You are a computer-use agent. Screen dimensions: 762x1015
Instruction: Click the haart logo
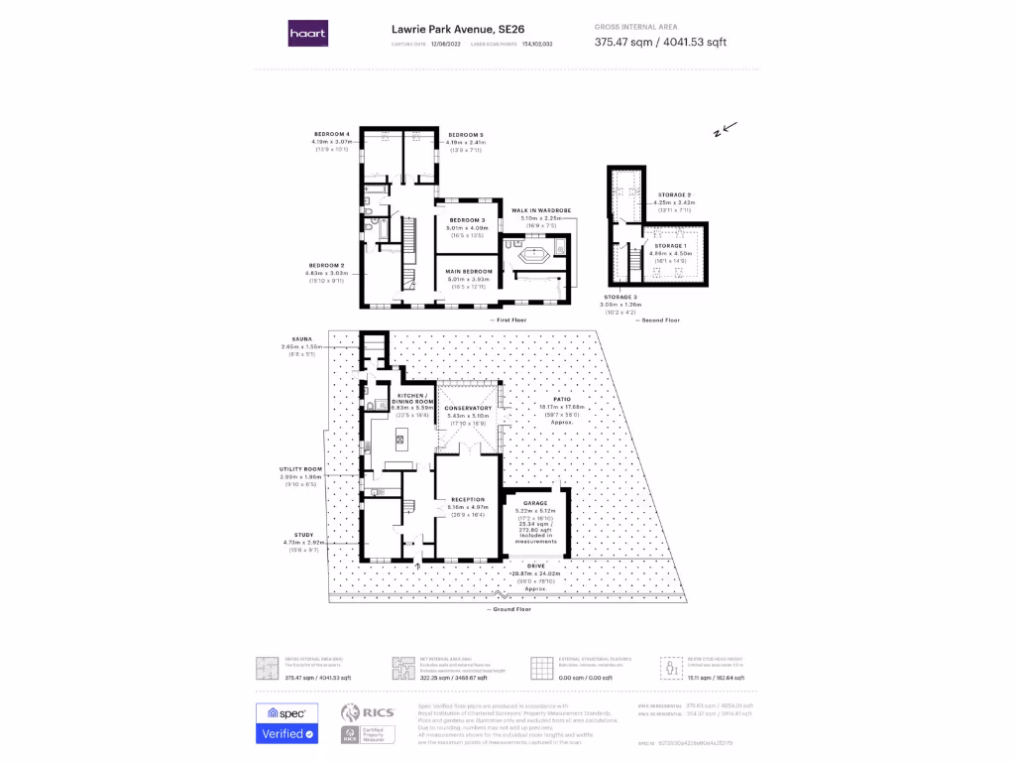coord(307,34)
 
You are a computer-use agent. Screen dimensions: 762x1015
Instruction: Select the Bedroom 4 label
coord(332,134)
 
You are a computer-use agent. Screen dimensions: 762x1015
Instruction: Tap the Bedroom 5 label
coord(465,134)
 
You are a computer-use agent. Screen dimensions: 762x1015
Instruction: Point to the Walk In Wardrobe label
coord(540,210)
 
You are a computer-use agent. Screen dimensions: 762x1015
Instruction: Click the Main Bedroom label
coord(469,271)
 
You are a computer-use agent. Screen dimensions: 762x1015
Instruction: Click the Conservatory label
coord(469,408)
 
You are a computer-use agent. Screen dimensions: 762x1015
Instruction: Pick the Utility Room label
coord(301,468)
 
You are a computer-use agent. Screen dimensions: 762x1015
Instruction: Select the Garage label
coord(536,503)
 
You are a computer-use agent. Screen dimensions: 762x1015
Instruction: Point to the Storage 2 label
coord(674,194)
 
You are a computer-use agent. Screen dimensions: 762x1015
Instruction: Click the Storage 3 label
coord(620,296)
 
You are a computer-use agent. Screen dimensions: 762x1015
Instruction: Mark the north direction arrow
coord(731,127)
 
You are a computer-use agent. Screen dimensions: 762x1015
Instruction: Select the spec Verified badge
coord(287,724)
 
